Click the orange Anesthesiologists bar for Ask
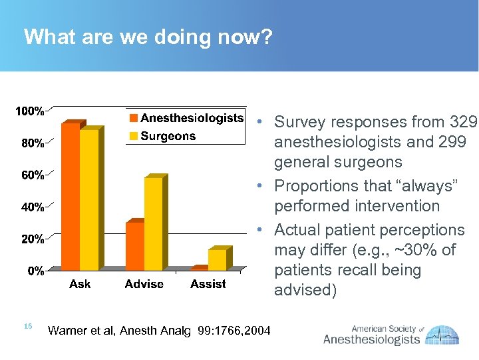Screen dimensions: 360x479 tap(70, 197)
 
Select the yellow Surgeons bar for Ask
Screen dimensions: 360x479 tap(89, 200)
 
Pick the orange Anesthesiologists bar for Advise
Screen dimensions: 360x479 tap(134, 245)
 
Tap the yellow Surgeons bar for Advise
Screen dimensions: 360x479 tap(154, 223)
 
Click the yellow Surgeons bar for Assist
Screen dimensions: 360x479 tap(218, 259)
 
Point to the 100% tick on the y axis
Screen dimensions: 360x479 tap(30, 111)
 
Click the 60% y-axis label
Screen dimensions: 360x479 tap(33, 175)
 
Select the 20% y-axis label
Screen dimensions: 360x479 tap(33, 239)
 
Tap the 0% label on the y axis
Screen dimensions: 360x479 tap(35, 271)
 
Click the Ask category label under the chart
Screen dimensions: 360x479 tap(80, 284)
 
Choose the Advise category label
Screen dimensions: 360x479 tap(144, 284)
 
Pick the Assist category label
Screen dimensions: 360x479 tap(208, 284)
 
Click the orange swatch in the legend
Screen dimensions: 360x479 tap(134, 119)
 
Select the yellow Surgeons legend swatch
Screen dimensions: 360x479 tap(134, 137)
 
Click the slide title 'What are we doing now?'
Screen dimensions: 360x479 tap(148, 37)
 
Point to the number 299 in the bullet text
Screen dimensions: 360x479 tap(452, 142)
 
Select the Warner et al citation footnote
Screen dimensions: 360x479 tap(160, 330)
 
